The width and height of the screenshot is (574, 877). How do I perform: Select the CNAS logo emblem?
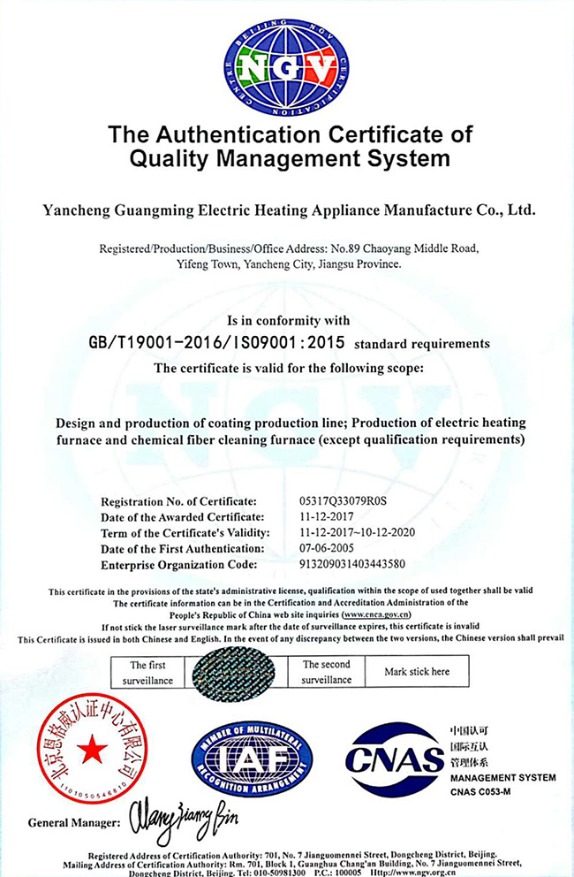tap(394, 759)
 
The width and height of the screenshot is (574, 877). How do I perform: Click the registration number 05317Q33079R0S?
tap(344, 500)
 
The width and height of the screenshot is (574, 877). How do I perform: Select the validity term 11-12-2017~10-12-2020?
tap(358, 532)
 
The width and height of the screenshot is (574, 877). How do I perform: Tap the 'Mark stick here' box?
tap(417, 672)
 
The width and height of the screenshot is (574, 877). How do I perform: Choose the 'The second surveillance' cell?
tap(327, 672)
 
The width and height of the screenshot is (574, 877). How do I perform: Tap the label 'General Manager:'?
tap(74, 822)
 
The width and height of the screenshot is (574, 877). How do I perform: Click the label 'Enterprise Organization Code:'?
tap(179, 564)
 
